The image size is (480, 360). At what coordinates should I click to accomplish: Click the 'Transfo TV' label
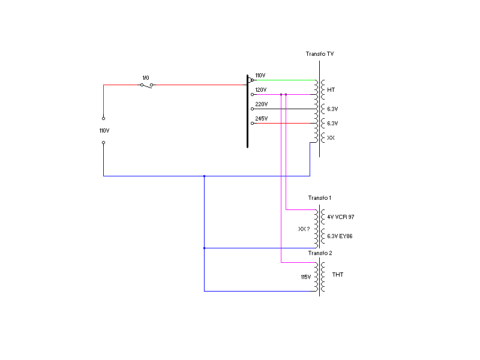click(320, 54)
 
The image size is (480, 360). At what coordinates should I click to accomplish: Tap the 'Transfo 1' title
click(320, 198)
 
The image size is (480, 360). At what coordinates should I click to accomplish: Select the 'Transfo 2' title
click(320, 253)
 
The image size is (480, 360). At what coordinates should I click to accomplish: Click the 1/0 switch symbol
click(146, 85)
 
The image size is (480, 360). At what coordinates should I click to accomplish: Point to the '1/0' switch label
click(146, 78)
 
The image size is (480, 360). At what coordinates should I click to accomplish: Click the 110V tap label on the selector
click(260, 76)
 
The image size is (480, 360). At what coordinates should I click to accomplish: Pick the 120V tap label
click(261, 89)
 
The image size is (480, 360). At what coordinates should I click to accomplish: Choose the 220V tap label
click(262, 104)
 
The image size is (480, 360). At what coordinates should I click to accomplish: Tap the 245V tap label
click(262, 118)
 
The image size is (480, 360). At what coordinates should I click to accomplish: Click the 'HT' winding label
click(331, 89)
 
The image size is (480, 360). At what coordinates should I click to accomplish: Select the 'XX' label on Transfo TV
click(331, 138)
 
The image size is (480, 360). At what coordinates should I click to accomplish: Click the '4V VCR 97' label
click(340, 217)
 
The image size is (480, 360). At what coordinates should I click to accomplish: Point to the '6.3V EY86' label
click(340, 236)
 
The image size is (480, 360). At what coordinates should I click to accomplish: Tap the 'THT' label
click(338, 275)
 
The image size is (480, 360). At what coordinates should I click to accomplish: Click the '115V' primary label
click(306, 277)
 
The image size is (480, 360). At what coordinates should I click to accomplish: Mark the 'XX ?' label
click(304, 229)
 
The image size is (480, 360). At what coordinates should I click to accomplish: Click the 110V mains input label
click(104, 131)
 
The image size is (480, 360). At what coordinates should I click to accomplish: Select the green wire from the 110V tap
click(284, 80)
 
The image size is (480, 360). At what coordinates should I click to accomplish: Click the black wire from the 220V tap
click(284, 109)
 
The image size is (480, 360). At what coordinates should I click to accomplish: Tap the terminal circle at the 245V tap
click(252, 124)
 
